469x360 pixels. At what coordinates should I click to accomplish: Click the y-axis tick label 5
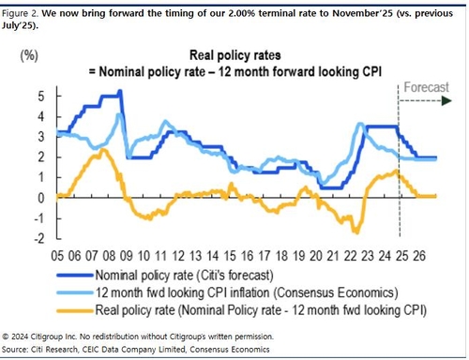pyautogui.click(x=41, y=96)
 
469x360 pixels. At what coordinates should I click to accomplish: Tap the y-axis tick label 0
pyautogui.click(x=41, y=198)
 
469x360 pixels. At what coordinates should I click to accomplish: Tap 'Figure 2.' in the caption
pyautogui.click(x=24, y=11)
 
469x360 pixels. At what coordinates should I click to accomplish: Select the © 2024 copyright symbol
pyautogui.click(x=7, y=335)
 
